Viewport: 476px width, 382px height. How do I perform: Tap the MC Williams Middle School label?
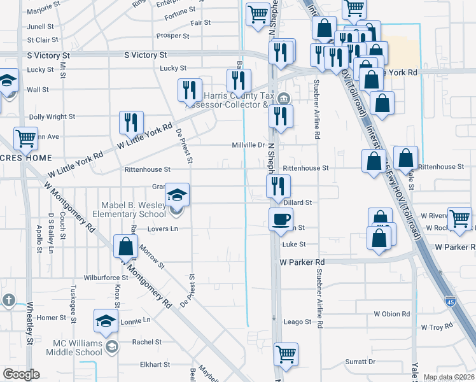coord(78,348)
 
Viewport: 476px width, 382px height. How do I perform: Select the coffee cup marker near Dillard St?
coord(281,220)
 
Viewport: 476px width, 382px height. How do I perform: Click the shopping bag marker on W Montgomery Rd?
coord(126,246)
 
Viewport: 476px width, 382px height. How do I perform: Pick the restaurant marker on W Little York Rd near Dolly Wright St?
coord(131,122)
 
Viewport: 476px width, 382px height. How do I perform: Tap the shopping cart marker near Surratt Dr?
coord(286,353)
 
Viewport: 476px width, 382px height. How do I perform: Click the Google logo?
coord(21,374)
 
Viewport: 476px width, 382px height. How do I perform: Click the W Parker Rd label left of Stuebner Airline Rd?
coord(302,262)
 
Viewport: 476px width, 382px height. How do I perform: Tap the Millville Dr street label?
coord(248,145)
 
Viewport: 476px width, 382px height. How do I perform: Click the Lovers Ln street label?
coord(162,229)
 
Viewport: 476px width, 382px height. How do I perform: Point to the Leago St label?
coord(297,322)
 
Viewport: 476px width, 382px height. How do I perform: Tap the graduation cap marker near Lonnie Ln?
coord(106,322)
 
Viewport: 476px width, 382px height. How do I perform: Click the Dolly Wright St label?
coord(52,117)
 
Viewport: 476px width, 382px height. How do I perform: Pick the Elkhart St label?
coord(155,365)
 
